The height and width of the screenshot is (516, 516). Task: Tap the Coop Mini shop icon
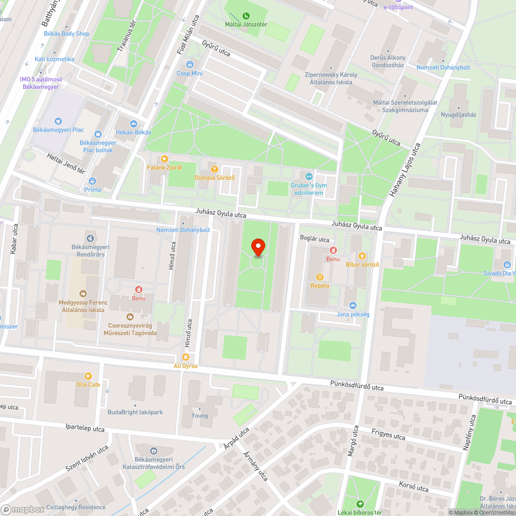coord(190,64)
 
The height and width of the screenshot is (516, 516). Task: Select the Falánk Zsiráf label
coord(164,167)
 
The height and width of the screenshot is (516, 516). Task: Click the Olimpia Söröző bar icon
coord(215,169)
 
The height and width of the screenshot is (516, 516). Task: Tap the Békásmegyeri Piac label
coord(58,130)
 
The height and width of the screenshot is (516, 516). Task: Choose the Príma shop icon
coord(92,181)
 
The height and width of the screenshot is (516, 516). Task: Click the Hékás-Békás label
coord(133,132)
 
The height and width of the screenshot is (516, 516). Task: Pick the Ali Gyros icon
coord(186,357)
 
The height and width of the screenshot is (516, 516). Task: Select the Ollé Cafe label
coord(88,384)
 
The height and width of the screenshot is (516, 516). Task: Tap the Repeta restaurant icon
coord(319,277)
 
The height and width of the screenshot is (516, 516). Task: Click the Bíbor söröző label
coord(362,264)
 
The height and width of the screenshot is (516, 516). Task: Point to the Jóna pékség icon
coord(353,305)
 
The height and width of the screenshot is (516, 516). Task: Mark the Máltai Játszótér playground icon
coord(246,15)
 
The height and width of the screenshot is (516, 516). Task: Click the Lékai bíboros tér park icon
coord(360,504)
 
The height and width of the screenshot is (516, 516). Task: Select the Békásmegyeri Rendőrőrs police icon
coord(91,238)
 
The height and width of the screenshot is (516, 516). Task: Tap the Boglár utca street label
coord(314,239)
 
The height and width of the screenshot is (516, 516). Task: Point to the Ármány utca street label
coord(255,466)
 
